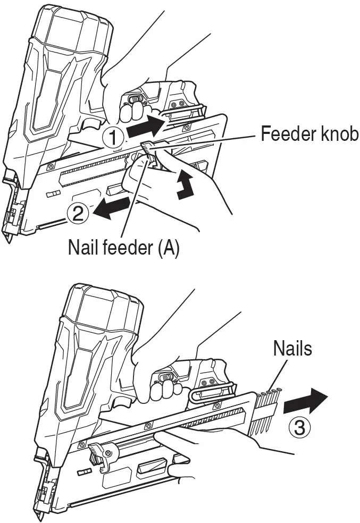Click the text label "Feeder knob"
[309, 134]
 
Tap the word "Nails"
[292, 349]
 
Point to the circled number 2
[77, 213]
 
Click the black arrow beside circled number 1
[147, 125]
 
